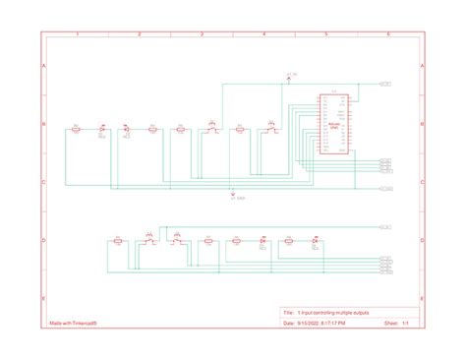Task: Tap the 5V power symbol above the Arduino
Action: tap(290, 77)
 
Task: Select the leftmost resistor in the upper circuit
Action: tap(76, 128)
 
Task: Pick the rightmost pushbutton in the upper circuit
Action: tap(269, 128)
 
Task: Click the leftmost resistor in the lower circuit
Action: tap(118, 240)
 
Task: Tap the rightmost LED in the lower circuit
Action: tap(315, 240)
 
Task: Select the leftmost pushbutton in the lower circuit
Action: tap(149, 240)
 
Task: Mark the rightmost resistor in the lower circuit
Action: tap(289, 240)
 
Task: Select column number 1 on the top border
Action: tap(77, 34)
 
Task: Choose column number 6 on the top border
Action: tap(389, 34)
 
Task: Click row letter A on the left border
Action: tap(43, 66)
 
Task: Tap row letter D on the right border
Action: tap(422, 240)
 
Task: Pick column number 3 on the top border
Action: tap(202, 34)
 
